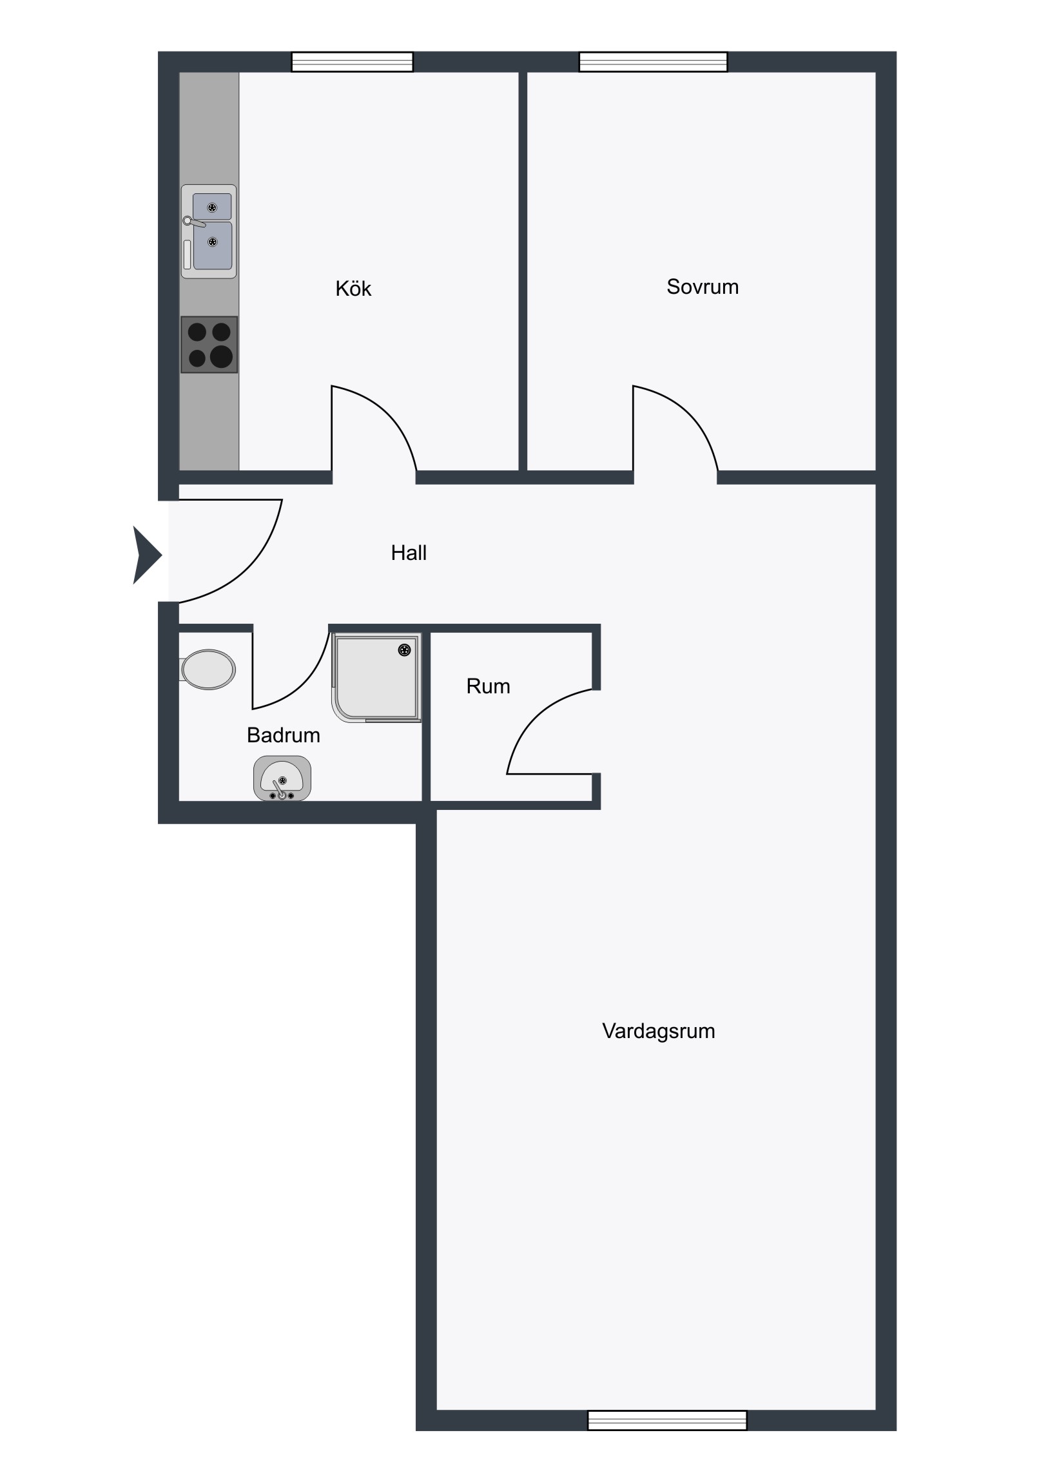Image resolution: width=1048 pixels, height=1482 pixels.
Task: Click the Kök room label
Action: tap(353, 289)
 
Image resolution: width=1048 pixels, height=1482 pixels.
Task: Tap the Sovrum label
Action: tap(703, 287)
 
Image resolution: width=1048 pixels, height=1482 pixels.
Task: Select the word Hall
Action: tap(409, 552)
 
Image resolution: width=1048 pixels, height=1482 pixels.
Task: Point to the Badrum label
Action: tap(284, 735)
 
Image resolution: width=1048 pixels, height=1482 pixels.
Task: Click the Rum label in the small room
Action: tap(488, 686)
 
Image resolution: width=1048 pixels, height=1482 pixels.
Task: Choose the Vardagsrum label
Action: tap(659, 1031)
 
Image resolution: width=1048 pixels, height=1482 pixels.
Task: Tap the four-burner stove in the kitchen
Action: tap(209, 345)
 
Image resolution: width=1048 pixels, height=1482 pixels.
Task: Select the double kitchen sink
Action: tap(209, 232)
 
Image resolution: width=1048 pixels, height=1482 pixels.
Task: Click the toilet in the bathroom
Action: tap(208, 669)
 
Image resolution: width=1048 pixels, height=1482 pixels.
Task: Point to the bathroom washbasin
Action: tap(282, 778)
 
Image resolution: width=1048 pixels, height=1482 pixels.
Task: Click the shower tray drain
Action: tap(405, 650)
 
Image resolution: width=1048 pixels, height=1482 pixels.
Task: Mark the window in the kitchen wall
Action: tap(352, 62)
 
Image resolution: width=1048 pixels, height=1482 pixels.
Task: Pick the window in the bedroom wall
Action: tap(654, 62)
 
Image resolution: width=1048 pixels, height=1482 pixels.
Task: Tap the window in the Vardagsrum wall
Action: tap(667, 1420)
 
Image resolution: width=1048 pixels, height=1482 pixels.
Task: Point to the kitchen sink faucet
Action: tap(194, 222)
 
